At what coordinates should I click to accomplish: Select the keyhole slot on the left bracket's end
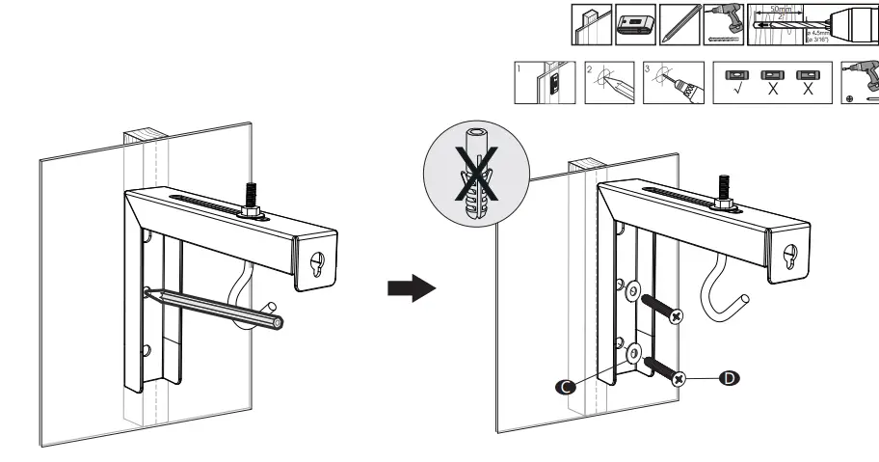point(317,263)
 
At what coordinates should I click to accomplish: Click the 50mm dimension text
point(769,11)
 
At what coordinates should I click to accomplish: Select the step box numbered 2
point(608,81)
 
